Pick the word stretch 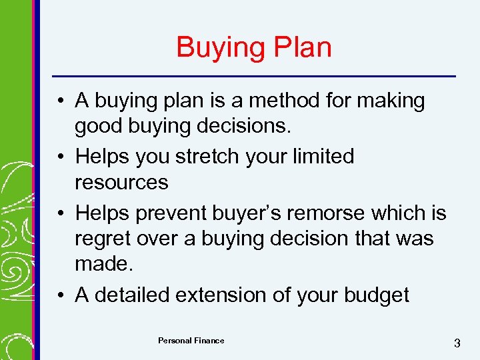[x=207, y=157]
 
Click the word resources [x=121, y=182]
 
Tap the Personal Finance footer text [x=191, y=341]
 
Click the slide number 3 [x=457, y=343]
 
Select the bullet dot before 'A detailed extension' [x=61, y=295]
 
